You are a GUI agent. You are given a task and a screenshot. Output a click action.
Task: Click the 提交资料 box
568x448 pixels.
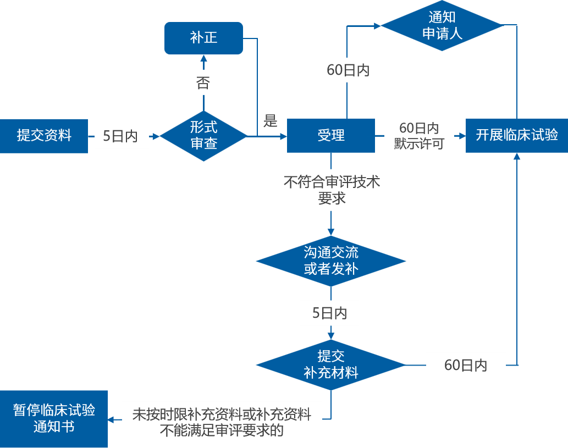pos(44,136)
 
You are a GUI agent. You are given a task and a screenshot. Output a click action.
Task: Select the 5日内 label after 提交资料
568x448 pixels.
pos(120,136)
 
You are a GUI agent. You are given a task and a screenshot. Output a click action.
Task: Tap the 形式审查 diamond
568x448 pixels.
pos(203,135)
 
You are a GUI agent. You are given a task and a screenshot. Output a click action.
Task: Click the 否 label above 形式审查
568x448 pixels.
pos(203,82)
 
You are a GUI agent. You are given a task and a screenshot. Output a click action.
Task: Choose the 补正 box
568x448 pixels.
pos(204,38)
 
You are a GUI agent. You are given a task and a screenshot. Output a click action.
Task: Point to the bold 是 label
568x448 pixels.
pos(270,121)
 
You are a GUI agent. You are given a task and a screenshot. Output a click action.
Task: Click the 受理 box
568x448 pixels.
pos(331,135)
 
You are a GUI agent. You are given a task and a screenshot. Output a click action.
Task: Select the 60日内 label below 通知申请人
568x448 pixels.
pos(358,70)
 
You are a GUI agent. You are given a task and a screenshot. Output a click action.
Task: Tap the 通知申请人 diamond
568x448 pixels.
pos(442,25)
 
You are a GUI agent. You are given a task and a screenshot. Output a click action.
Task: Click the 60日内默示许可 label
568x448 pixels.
pos(419,135)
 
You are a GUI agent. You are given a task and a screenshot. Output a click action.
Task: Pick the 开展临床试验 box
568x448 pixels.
pos(517,135)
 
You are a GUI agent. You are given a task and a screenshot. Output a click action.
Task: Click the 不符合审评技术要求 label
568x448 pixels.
pos(332,190)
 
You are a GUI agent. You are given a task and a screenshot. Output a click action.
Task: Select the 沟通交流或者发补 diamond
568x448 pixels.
pos(331,261)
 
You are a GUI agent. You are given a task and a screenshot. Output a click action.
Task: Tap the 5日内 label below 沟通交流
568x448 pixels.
pos(330,313)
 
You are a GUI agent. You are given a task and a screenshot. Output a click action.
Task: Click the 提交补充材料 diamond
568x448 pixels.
pos(331,364)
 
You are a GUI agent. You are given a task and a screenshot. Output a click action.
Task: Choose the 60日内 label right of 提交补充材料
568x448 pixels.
pos(466,365)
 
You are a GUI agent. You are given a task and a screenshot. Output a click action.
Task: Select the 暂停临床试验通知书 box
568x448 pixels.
pos(54,418)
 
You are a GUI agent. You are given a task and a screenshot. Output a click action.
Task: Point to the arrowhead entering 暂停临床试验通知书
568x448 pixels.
pos(112,420)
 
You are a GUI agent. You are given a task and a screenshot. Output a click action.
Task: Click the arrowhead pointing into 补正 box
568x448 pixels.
pos(203,58)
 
